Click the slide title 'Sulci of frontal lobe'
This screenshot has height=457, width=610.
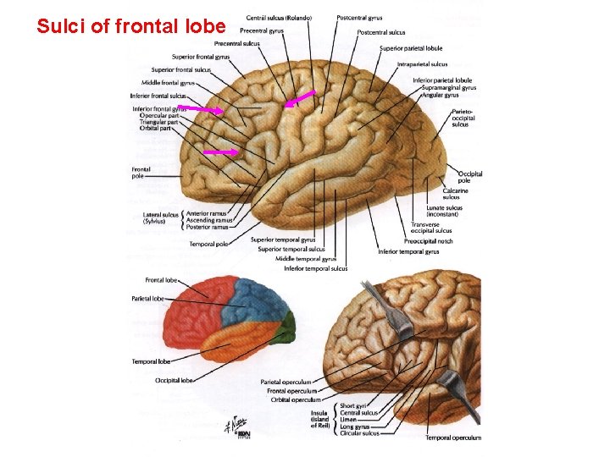(x=131, y=26)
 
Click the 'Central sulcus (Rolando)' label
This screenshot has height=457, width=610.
(x=278, y=18)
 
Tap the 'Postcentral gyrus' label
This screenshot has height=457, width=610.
(x=359, y=18)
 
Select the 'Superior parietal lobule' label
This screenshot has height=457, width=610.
(x=411, y=48)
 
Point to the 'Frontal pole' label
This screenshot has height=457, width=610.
(x=141, y=173)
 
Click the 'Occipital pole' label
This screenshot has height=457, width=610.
(x=470, y=177)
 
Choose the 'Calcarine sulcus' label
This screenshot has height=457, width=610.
(x=457, y=194)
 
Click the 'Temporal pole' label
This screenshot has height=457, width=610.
(x=208, y=245)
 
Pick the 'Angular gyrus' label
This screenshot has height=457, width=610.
(x=440, y=95)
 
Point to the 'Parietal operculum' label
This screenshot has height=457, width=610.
(x=288, y=382)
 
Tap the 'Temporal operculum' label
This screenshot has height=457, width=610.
(x=453, y=438)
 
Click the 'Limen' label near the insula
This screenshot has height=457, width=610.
(x=347, y=420)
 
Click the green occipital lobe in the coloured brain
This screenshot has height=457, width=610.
(x=287, y=327)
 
